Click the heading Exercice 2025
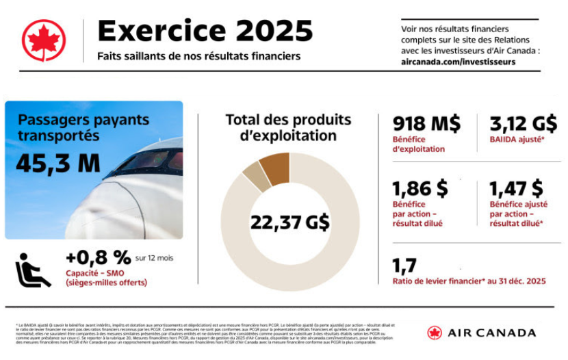205,31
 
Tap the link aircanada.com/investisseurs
458,62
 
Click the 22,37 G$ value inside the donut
289,222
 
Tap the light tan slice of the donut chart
255,176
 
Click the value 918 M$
426,124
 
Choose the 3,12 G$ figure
524,124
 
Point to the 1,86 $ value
419,188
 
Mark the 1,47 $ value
517,188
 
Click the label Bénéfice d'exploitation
419,144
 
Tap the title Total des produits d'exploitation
288,127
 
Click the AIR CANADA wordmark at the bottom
491,333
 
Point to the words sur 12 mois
155,258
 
